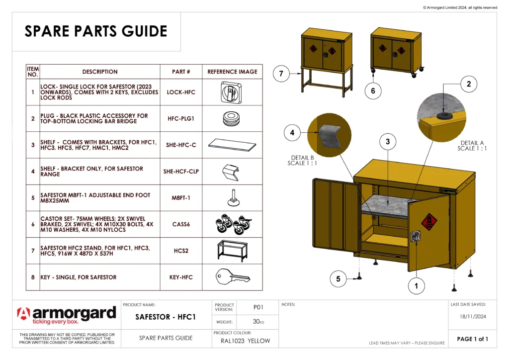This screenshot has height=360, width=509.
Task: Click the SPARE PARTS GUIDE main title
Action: (x=96, y=31)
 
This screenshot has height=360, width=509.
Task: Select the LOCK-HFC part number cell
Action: (x=181, y=92)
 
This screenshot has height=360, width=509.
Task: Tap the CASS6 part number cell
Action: (x=181, y=224)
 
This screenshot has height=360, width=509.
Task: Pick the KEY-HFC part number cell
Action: (x=181, y=277)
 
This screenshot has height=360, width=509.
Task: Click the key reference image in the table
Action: (x=232, y=277)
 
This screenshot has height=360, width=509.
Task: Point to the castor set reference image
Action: (x=232, y=225)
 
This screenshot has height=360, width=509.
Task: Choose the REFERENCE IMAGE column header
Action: (x=232, y=72)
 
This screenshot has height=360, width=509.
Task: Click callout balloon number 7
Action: (x=281, y=74)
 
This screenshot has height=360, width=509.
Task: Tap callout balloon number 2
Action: (x=468, y=85)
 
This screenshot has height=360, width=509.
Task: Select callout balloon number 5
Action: (x=339, y=279)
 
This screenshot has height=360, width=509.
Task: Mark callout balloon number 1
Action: (x=416, y=286)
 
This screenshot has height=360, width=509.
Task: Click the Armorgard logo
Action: (x=67, y=315)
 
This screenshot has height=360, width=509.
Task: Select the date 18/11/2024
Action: (x=472, y=316)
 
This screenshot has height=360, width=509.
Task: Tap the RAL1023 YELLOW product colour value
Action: (x=246, y=341)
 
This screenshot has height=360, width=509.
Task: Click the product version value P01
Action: (x=258, y=307)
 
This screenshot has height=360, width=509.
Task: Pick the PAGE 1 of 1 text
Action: (x=472, y=339)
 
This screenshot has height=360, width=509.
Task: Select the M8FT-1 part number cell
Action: (x=181, y=198)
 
